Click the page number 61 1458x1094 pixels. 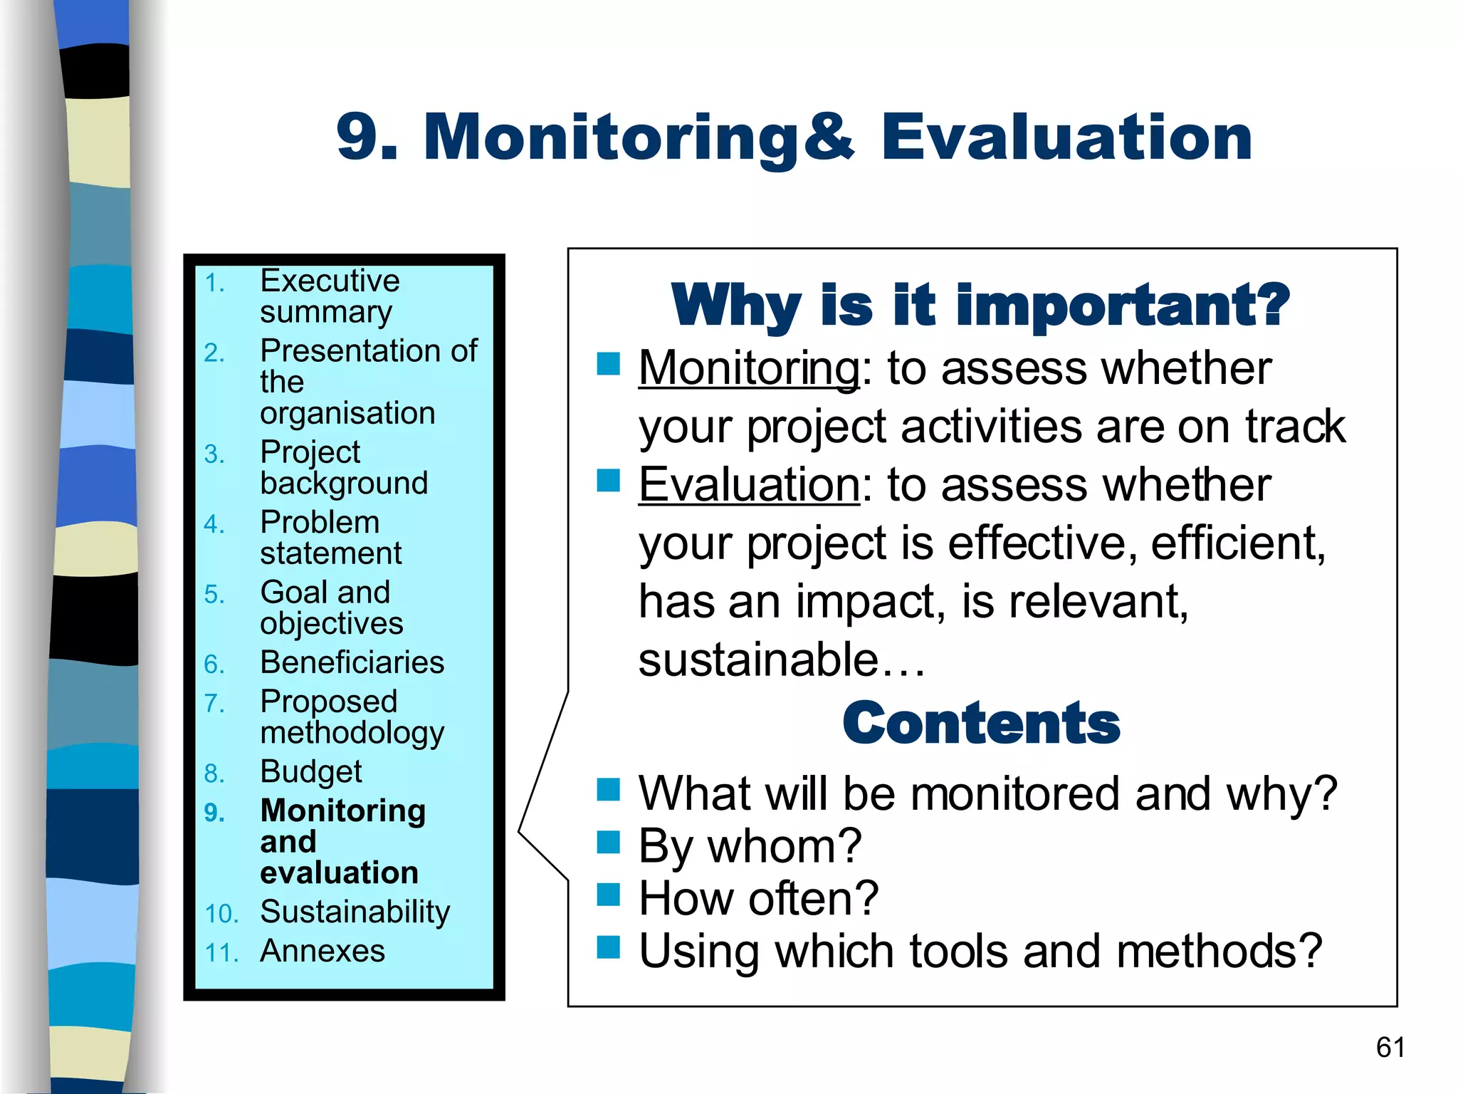click(x=1390, y=1047)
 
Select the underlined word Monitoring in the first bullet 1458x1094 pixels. click(x=749, y=368)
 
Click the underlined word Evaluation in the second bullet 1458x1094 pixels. click(x=749, y=485)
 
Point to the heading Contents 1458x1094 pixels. click(x=981, y=723)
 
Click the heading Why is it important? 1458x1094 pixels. click(x=980, y=305)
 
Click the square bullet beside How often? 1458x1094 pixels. click(x=609, y=894)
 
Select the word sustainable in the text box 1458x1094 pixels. click(x=759, y=660)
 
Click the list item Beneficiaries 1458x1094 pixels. click(x=352, y=662)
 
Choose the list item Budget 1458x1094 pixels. click(x=311, y=772)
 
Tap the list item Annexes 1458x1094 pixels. click(x=322, y=951)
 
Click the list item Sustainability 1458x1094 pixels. click(x=355, y=912)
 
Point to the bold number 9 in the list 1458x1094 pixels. click(x=213, y=813)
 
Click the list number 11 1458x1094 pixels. click(x=221, y=953)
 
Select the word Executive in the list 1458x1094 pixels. click(x=330, y=281)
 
